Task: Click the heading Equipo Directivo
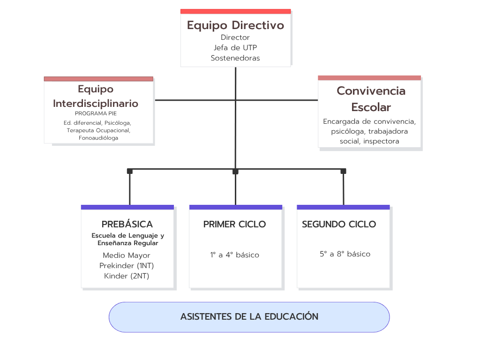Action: click(235, 25)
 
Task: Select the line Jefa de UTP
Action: click(235, 48)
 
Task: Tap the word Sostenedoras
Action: click(235, 58)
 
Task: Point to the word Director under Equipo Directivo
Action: click(235, 37)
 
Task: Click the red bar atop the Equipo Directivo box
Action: click(235, 11)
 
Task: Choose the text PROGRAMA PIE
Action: click(96, 113)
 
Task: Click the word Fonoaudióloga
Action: click(98, 138)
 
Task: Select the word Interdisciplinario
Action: click(96, 104)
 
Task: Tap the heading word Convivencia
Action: click(371, 91)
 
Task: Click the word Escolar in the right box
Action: click(371, 107)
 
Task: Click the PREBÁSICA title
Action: click(127, 225)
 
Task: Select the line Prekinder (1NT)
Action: click(127, 266)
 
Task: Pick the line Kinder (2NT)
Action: click(127, 276)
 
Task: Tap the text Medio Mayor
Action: click(127, 255)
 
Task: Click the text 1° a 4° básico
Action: click(234, 255)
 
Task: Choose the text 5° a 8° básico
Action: click(345, 254)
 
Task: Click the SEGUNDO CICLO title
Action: click(339, 225)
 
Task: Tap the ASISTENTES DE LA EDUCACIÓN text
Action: click(249, 316)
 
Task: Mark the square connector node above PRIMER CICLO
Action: click(235, 172)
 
